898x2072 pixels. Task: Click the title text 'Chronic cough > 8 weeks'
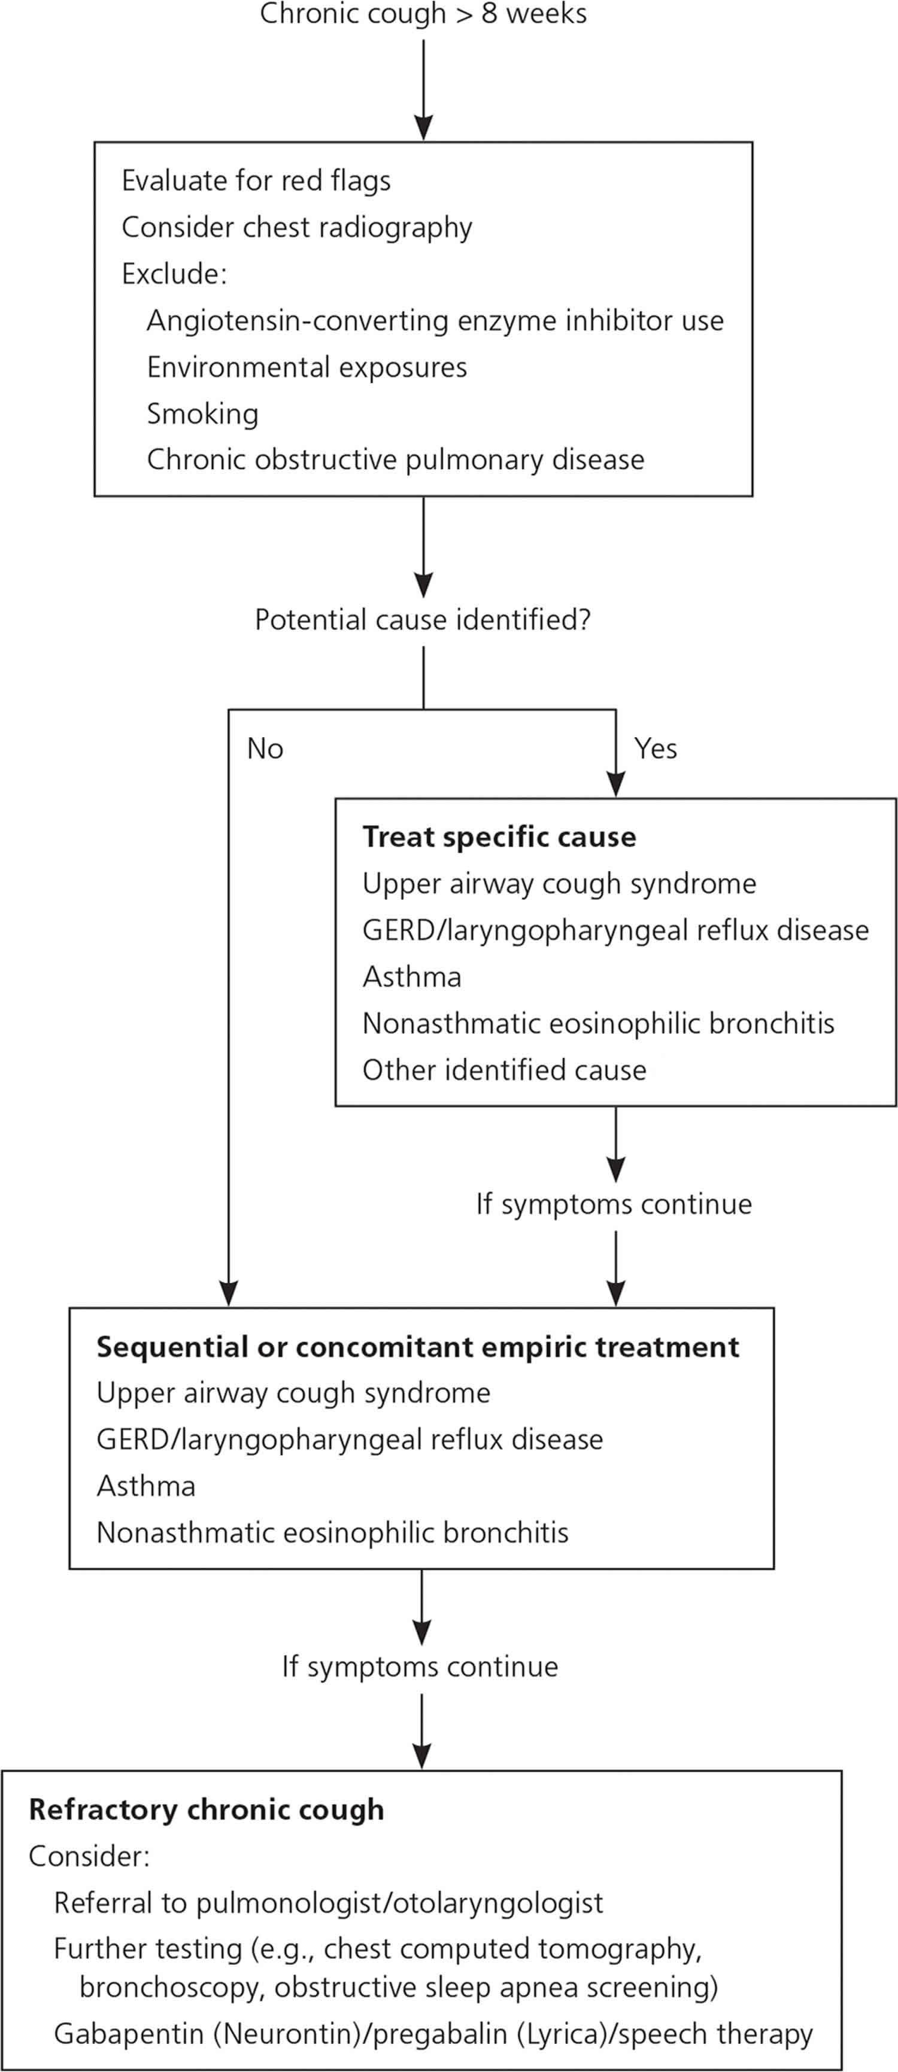click(x=423, y=14)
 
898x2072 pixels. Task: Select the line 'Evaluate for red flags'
click(x=256, y=180)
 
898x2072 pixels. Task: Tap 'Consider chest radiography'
click(x=296, y=227)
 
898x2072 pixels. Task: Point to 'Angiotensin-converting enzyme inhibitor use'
click(x=435, y=320)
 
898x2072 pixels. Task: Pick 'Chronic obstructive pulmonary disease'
click(x=395, y=460)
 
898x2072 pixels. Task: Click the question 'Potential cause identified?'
click(x=423, y=619)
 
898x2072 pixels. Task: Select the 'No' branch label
click(x=265, y=748)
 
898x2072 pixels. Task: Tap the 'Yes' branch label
click(x=655, y=748)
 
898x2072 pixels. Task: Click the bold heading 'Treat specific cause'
click(x=499, y=836)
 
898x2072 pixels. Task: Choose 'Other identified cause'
click(x=503, y=1070)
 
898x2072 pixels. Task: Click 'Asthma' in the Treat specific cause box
click(x=411, y=976)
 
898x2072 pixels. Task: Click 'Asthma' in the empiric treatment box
click(x=145, y=1486)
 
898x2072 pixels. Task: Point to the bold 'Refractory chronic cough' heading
click(x=206, y=1809)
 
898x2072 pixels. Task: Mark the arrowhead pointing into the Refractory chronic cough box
click(x=421, y=1757)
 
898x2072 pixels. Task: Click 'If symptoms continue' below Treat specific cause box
click(x=614, y=1204)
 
